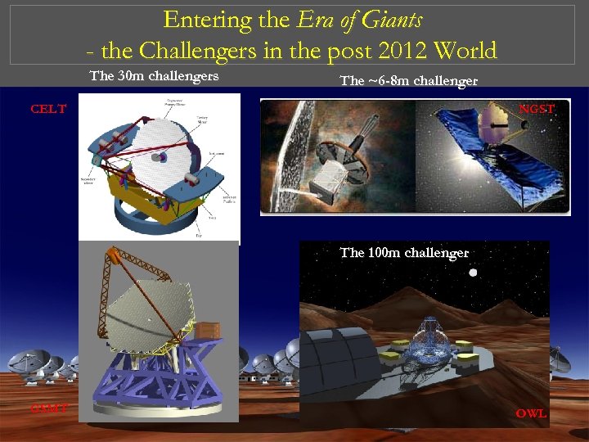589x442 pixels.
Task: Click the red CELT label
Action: point(48,109)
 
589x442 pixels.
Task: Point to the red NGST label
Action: point(537,109)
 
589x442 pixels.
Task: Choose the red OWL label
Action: point(531,413)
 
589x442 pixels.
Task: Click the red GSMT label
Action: point(50,408)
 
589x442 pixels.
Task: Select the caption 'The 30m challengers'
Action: point(154,77)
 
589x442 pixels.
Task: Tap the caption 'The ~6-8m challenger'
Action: point(408,81)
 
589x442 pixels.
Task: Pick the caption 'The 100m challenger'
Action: point(404,253)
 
